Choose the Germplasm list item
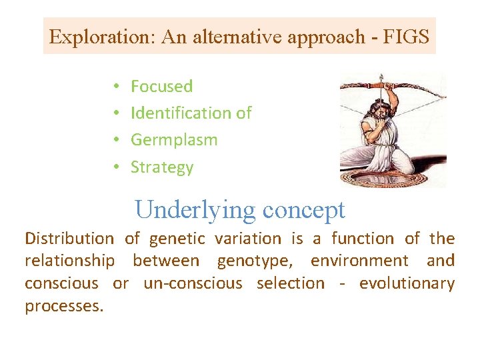pos(174,140)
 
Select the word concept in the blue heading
pos(304,209)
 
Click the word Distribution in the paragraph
pos(69,239)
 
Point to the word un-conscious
pos(193,283)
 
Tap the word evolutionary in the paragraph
pos(407,283)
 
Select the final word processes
pos(64,306)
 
